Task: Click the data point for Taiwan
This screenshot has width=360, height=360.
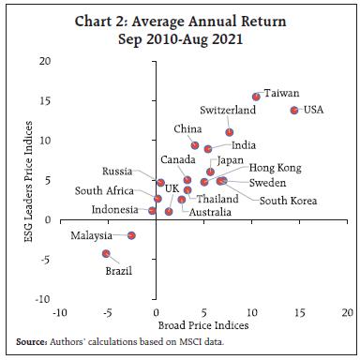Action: point(257,96)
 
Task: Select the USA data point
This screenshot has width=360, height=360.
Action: point(294,110)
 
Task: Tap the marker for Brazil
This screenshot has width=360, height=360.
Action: point(107,253)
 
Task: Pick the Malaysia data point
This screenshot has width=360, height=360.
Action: point(132,235)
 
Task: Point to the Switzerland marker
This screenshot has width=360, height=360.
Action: point(229,132)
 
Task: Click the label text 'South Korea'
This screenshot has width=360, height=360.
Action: point(288,200)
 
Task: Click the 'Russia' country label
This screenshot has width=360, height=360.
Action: point(117,172)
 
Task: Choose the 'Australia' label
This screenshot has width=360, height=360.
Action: point(211,213)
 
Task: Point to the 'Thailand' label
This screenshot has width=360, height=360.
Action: point(217,199)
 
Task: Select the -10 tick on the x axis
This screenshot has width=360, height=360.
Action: point(60,311)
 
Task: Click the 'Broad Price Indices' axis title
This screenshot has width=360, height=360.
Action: point(203,324)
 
